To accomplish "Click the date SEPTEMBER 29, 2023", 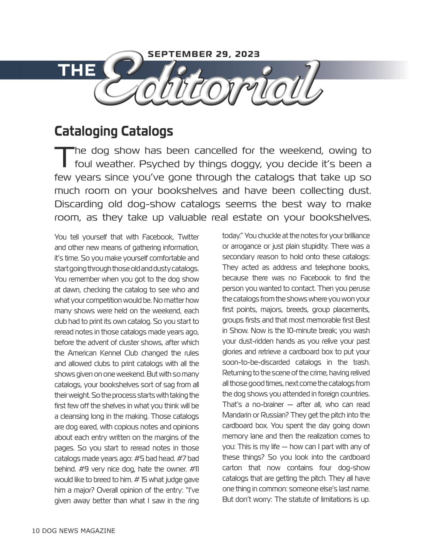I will pos(204,54).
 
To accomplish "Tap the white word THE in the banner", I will pos(77,70).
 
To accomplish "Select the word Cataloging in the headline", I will pos(85,131).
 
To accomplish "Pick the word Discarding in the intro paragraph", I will pos(79,204).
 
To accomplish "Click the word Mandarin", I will pos(236,415).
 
